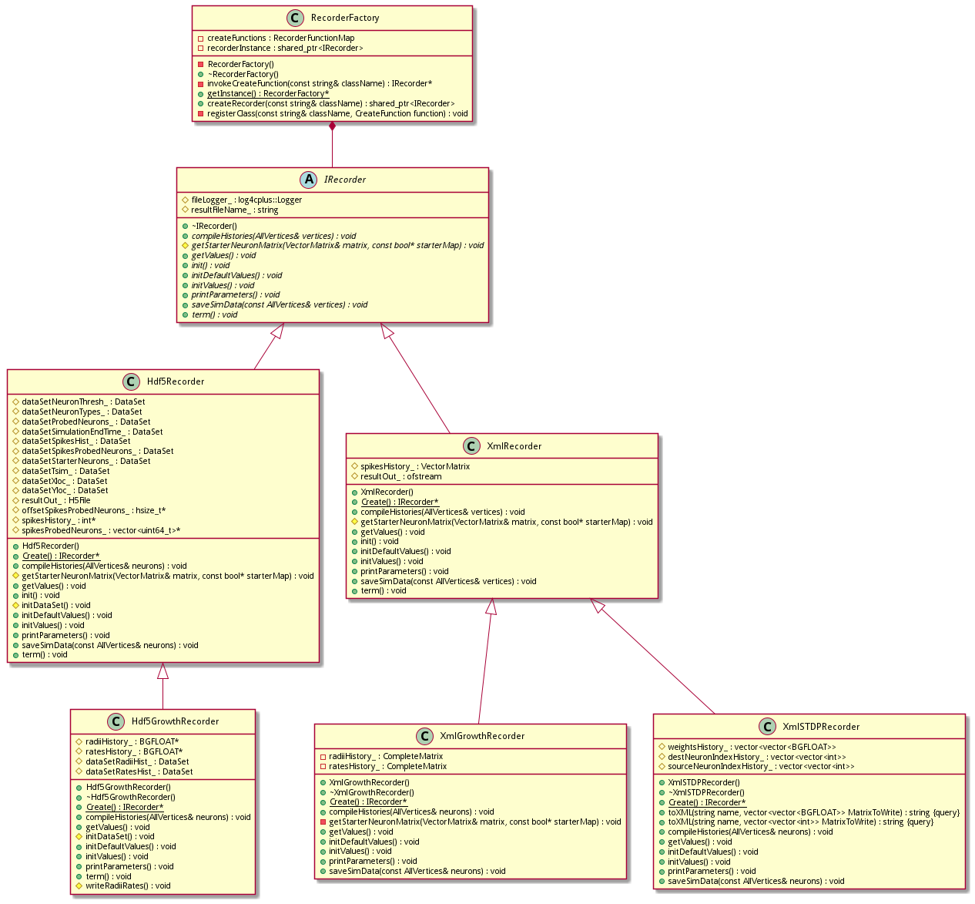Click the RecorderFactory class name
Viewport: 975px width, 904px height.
pyautogui.click(x=344, y=18)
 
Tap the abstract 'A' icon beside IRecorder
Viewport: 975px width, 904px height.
pyautogui.click(x=308, y=180)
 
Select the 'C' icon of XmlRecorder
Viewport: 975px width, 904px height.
pyautogui.click(x=471, y=446)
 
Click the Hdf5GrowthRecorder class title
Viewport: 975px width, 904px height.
pyautogui.click(x=175, y=721)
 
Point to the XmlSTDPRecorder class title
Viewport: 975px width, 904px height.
pyautogui.click(x=821, y=726)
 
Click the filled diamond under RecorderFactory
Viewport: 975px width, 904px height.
pyautogui.click(x=332, y=126)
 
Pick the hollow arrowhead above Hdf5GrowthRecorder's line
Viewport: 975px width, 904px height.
pyautogui.click(x=162, y=670)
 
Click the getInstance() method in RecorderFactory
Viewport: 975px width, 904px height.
pyautogui.click(x=267, y=93)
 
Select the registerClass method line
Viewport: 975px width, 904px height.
pyautogui.click(x=337, y=113)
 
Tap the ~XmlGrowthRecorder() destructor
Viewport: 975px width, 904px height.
pyautogui.click(x=371, y=792)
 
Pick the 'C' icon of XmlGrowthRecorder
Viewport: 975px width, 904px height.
pyautogui.click(x=424, y=736)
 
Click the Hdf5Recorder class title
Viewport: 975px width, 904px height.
pyautogui.click(x=176, y=381)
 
